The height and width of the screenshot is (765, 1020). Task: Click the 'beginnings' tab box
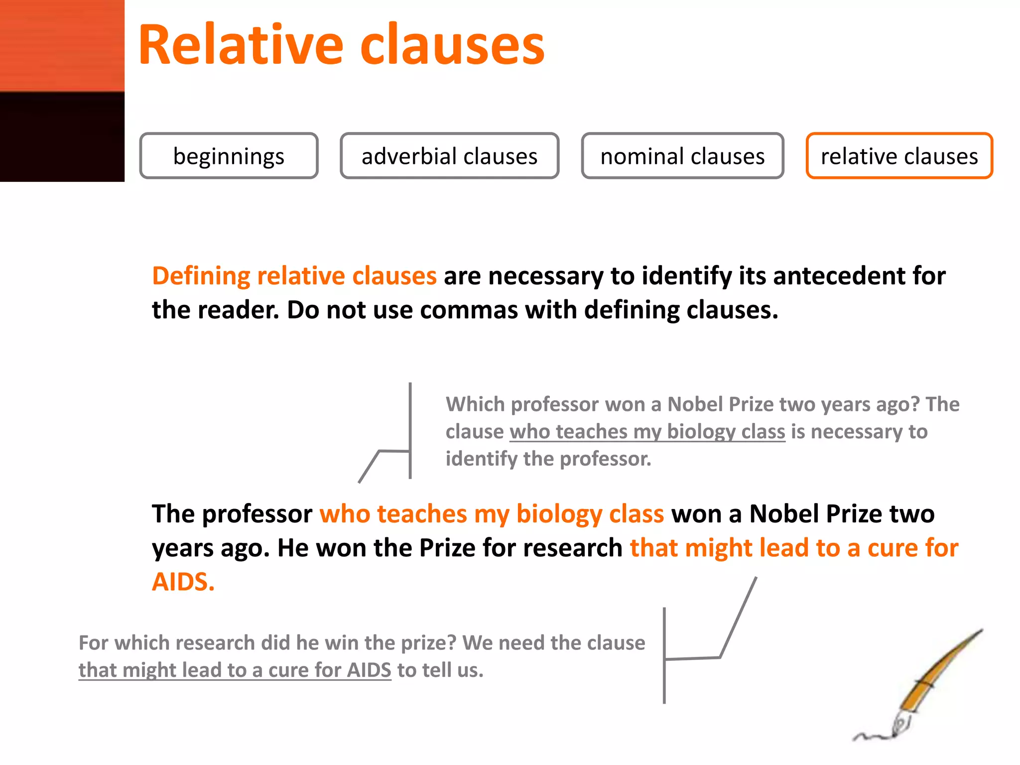(x=229, y=156)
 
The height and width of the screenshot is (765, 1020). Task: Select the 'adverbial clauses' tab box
(x=449, y=156)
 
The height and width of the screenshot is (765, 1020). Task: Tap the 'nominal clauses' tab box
(x=682, y=156)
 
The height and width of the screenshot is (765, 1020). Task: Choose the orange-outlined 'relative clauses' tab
(x=899, y=156)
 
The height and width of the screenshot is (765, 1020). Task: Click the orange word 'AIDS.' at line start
(x=183, y=582)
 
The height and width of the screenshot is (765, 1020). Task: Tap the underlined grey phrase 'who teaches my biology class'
(x=647, y=432)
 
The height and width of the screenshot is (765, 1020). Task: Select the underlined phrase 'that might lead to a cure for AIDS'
(x=235, y=670)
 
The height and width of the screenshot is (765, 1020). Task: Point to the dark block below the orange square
(x=62, y=137)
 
